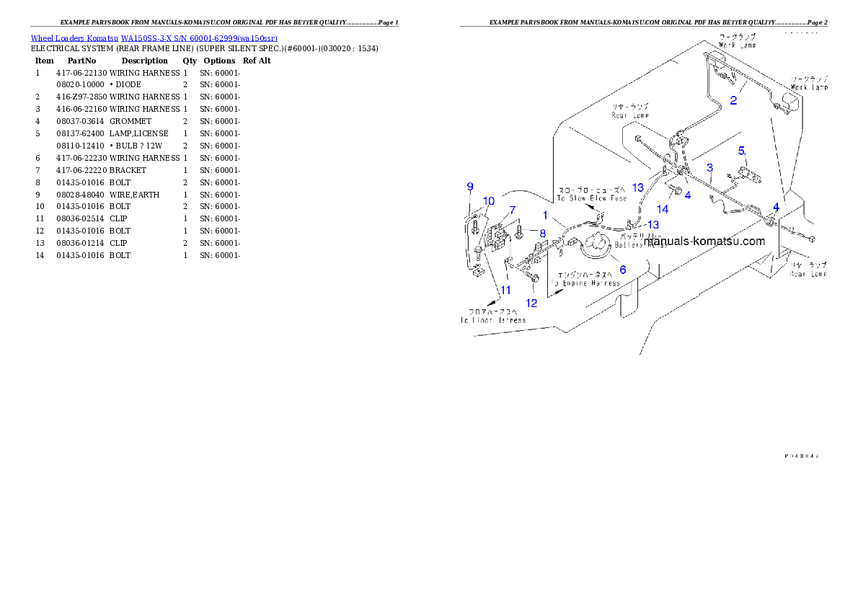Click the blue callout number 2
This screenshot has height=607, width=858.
[x=733, y=100]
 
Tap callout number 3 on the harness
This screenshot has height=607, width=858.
[x=709, y=168]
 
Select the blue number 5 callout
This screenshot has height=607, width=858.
[x=740, y=151]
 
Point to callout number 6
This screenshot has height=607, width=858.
[x=623, y=270]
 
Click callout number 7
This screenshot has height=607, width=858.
[x=513, y=210]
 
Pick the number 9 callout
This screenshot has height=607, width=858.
[x=470, y=187]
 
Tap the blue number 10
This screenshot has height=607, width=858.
[x=489, y=200]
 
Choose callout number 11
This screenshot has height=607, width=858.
[x=505, y=290]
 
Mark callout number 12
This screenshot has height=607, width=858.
[x=531, y=303]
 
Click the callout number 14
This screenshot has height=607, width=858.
[x=662, y=209]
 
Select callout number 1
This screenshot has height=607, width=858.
[x=546, y=215]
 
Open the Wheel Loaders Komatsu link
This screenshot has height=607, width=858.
[x=154, y=38]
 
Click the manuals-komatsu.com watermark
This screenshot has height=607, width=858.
[x=704, y=242]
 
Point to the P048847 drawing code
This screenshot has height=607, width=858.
[x=802, y=456]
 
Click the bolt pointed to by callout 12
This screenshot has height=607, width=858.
[x=533, y=277]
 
